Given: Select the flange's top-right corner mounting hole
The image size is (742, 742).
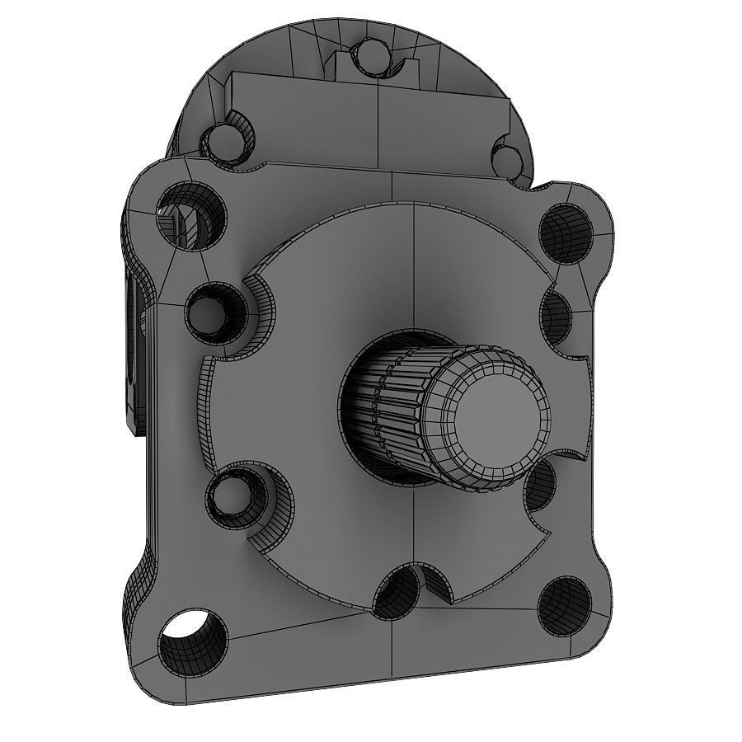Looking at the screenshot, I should click(x=565, y=232).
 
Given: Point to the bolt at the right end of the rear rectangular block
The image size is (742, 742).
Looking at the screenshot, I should click(x=505, y=156).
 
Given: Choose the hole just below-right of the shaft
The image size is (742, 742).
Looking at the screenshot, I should click(x=540, y=486).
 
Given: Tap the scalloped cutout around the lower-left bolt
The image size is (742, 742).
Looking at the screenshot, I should click(x=268, y=515).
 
